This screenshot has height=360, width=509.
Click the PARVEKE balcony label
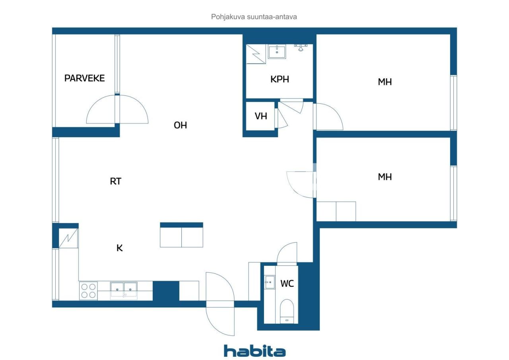(84, 78)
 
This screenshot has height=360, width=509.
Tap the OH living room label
(180, 125)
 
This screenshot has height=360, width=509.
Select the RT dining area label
(115, 181)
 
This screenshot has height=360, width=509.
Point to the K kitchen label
(119, 248)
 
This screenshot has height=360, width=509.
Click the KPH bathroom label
(280, 79)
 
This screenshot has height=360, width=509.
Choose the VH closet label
(261, 117)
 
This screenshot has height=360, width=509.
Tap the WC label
(287, 284)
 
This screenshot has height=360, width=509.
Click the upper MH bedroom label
(385, 82)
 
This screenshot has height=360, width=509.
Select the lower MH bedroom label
(385, 177)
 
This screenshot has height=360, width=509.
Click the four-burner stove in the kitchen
(88, 290)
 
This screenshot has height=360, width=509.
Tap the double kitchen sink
(124, 290)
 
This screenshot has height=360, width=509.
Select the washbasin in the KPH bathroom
(277, 52)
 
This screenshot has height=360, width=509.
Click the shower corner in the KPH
(256, 54)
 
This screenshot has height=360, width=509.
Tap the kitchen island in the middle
(181, 235)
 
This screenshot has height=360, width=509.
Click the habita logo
(254, 351)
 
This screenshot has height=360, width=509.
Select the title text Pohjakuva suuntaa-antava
(254, 17)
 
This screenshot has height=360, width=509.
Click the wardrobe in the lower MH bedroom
(336, 211)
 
